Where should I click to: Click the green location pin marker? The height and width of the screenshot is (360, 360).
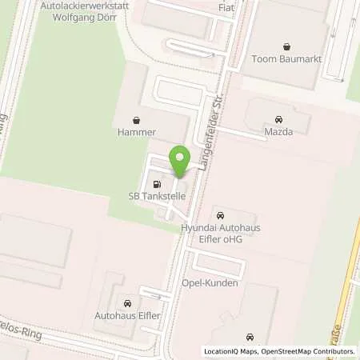pyautogui.click(x=180, y=162)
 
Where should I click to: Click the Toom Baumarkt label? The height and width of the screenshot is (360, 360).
pyautogui.click(x=287, y=58)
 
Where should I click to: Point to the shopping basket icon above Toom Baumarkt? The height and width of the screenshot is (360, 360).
pyautogui.click(x=287, y=46)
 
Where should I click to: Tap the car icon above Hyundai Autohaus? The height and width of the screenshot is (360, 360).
pyautogui.click(x=220, y=215)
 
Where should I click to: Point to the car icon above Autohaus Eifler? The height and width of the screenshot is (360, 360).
pyautogui.click(x=127, y=302)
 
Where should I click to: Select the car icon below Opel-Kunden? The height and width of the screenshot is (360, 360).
pyautogui.click(x=251, y=338)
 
